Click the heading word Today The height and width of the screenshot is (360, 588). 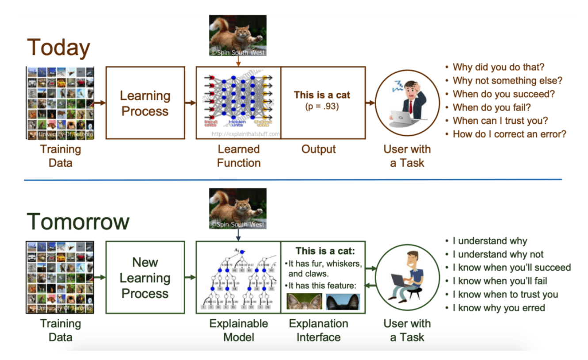(x=58, y=48)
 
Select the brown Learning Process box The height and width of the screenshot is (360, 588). (x=145, y=103)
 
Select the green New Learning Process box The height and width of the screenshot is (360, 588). (x=145, y=277)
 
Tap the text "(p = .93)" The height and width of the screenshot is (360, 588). (x=322, y=106)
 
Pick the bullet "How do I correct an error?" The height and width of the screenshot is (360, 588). (x=509, y=134)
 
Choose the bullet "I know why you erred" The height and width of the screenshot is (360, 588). (x=499, y=308)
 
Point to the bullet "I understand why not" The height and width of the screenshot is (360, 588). (x=498, y=254)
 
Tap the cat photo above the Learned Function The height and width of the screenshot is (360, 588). (x=238, y=35)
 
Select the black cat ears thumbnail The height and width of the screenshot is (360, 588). (x=343, y=301)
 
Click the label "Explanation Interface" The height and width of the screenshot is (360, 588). (x=318, y=330)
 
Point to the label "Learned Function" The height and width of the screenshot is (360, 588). (x=239, y=156)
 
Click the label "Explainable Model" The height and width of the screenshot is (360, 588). (x=239, y=330)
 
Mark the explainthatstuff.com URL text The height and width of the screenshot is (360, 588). (x=245, y=134)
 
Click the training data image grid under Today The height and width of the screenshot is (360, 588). (x=60, y=103)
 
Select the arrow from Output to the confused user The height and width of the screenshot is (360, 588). (x=370, y=103)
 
